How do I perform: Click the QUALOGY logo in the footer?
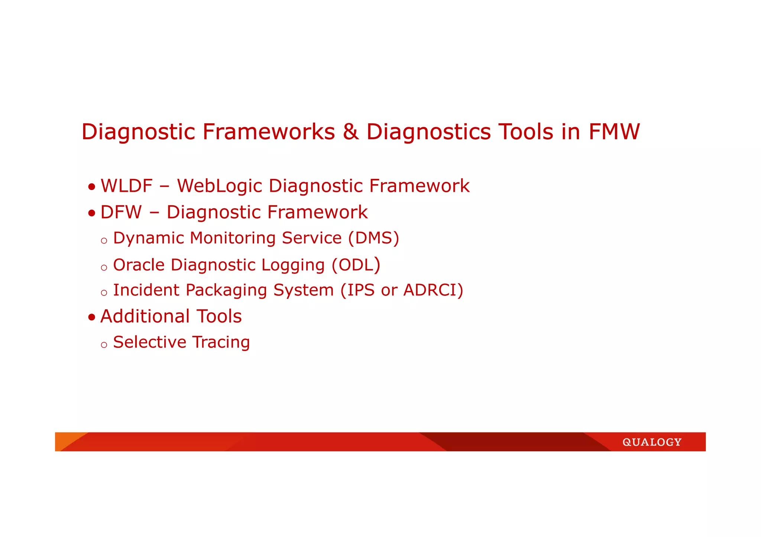pyautogui.click(x=652, y=442)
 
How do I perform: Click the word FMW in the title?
pyautogui.click(x=614, y=132)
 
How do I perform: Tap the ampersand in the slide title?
pyautogui.click(x=350, y=132)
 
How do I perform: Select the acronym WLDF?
pyautogui.click(x=127, y=186)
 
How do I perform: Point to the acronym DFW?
pyautogui.click(x=121, y=212)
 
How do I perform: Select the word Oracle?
pyautogui.click(x=139, y=265)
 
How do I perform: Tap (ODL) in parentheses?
pyautogui.click(x=356, y=265)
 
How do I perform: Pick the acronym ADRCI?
pyautogui.click(x=430, y=290)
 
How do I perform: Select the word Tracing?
pyautogui.click(x=221, y=343)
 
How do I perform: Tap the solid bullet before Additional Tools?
pyautogui.click(x=92, y=318)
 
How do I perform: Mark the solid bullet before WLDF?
pyautogui.click(x=92, y=187)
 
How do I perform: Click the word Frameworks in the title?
pyautogui.click(x=269, y=132)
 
